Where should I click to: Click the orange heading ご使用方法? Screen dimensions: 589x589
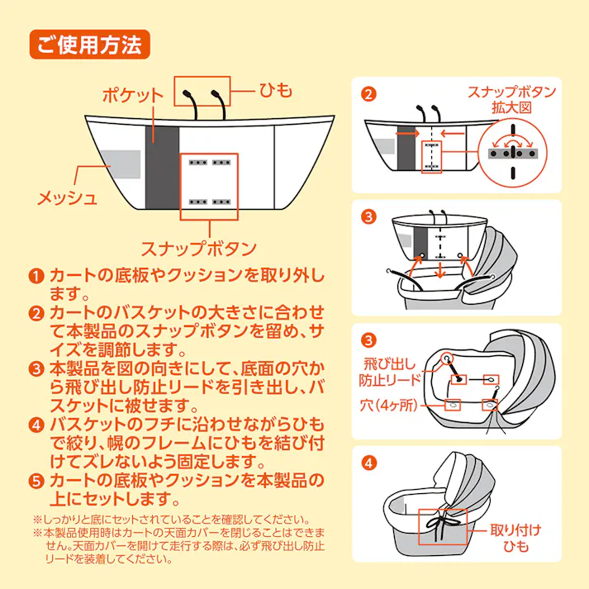click(89, 42)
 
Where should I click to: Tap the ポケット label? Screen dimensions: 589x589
click(132, 95)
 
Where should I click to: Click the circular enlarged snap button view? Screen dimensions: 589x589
click(511, 151)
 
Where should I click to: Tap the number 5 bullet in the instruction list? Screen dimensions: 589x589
click(36, 481)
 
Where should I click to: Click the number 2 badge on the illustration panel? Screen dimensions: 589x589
click(368, 93)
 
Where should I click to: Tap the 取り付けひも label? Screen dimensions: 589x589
click(520, 538)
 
